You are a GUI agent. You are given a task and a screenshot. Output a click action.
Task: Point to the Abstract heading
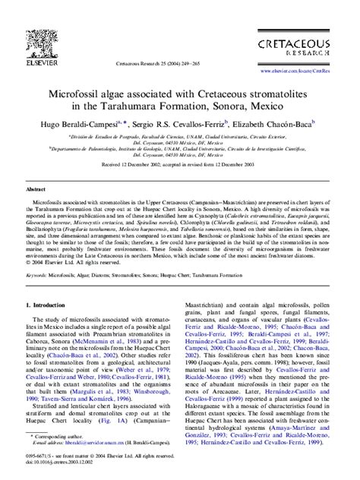(x=36, y=188)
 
